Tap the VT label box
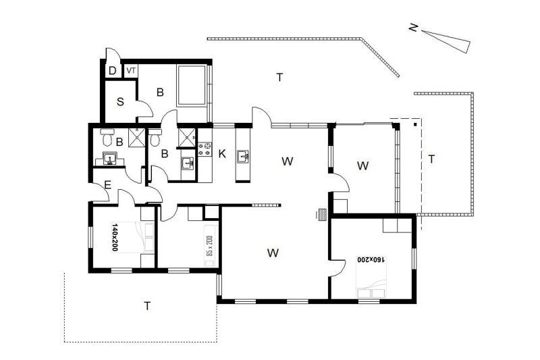(131, 71)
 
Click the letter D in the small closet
(112, 71)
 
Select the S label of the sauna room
(120, 102)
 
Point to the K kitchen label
(222, 153)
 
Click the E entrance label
(108, 185)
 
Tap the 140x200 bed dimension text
(115, 238)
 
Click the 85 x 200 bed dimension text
(209, 247)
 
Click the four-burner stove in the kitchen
(204, 149)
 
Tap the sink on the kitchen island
(243, 156)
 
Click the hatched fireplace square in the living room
(323, 214)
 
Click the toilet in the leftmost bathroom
(107, 137)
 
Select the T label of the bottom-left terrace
(147, 306)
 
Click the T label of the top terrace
(279, 77)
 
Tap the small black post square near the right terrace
(416, 124)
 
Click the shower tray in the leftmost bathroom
(137, 137)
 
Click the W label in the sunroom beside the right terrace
(363, 165)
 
